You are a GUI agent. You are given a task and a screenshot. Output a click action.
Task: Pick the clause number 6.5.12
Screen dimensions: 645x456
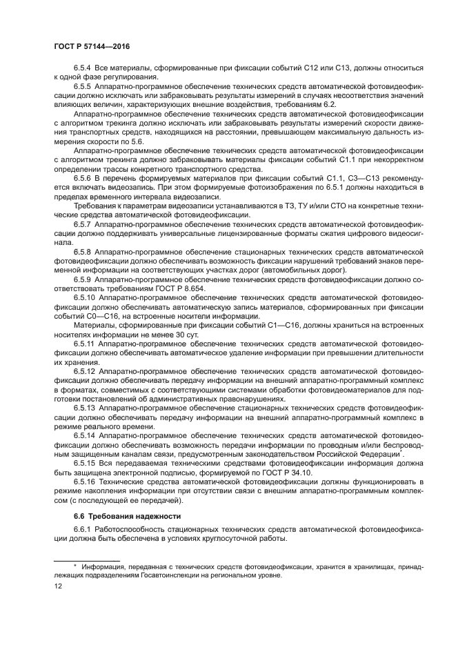pyautogui.click(x=88, y=370)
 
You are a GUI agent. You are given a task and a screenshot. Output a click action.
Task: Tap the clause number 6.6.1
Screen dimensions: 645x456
pyautogui.click(x=84, y=529)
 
